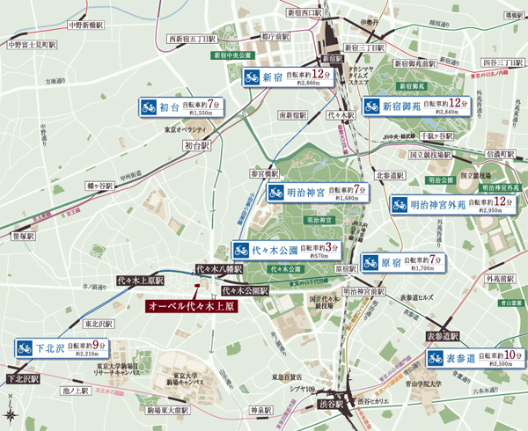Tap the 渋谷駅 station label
[x=324, y=405]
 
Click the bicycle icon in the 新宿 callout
[x=254, y=79]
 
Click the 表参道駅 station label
[x=444, y=336]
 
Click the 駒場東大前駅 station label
[x=169, y=410]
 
